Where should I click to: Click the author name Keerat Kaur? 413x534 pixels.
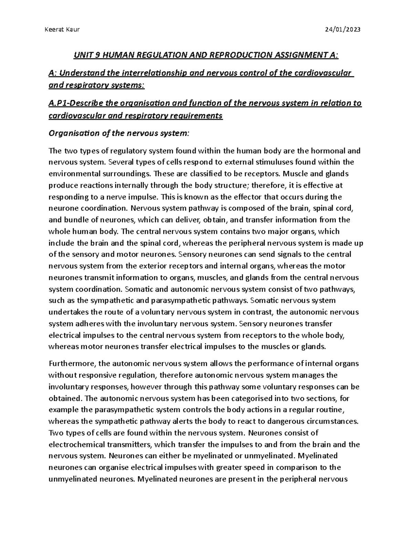62,30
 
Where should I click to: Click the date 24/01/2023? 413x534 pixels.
343,30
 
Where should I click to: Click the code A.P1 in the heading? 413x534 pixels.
59,103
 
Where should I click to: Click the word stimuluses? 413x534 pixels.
277,162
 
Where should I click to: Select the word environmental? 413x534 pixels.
72,174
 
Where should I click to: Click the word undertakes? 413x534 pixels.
68,312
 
